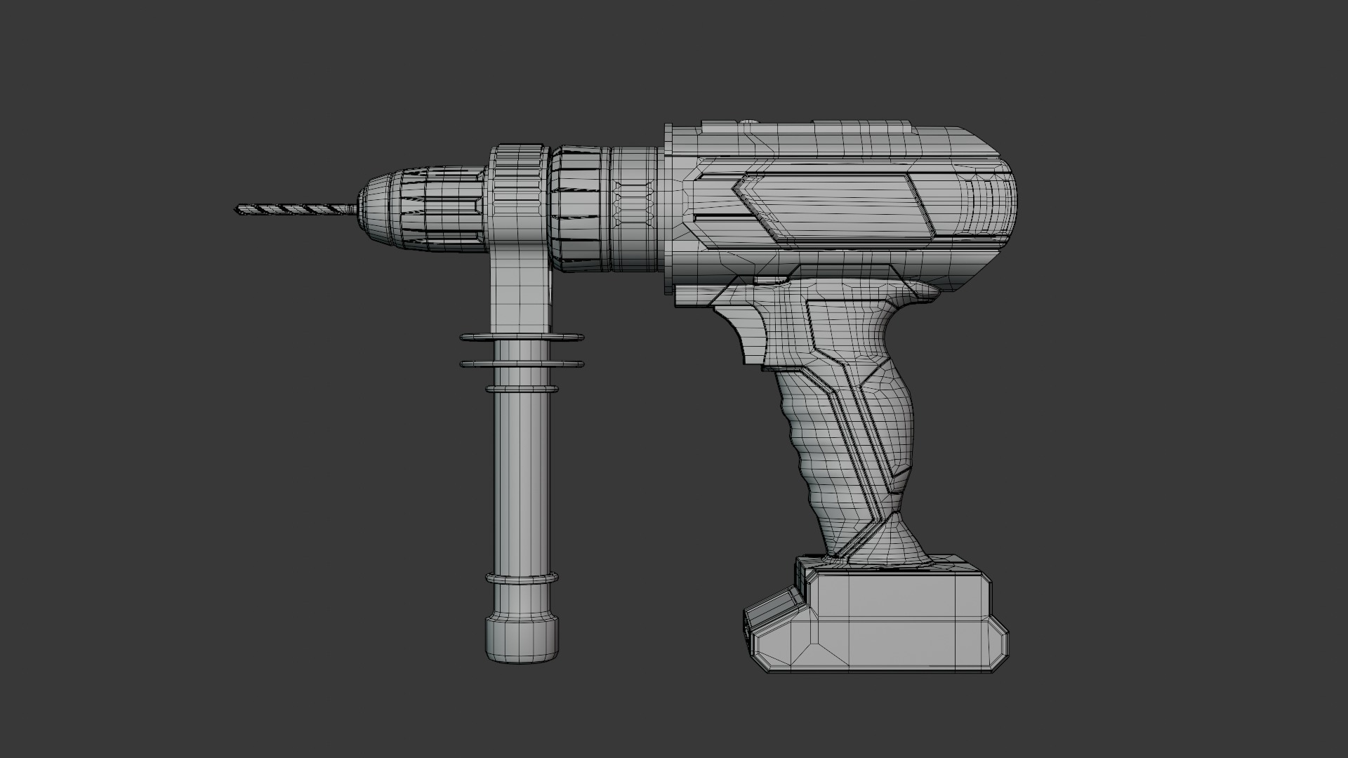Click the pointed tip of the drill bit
tap(237, 208)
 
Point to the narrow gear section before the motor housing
tap(635, 208)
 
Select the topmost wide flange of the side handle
tap(522, 338)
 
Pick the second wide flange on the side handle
tap(522, 364)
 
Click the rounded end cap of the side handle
tap(522, 640)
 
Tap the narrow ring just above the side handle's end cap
tap(522, 579)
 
